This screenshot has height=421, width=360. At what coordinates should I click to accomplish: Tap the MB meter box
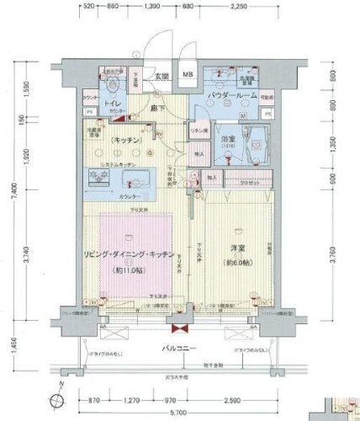189,75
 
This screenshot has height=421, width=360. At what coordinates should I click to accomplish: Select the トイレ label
112,104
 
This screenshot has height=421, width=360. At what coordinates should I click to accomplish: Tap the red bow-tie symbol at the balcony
178,329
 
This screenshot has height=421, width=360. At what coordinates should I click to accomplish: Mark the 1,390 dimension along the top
152,7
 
